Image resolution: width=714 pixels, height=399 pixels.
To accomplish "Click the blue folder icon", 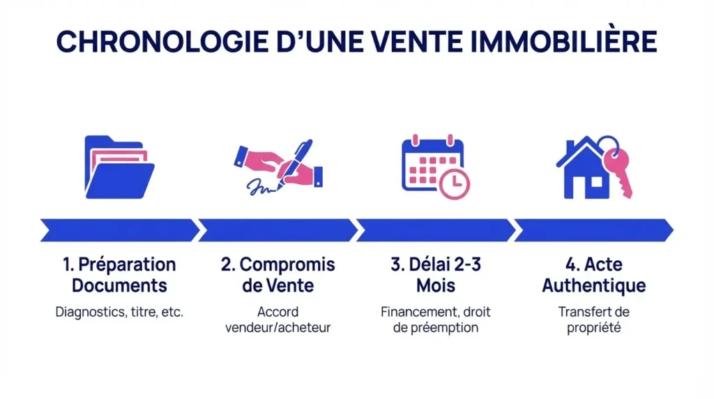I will pyautogui.click(x=119, y=167).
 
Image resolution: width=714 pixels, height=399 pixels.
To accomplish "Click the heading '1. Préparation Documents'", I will pyautogui.click(x=119, y=275).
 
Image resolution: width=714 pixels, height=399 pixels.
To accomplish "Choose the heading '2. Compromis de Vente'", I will pyautogui.click(x=278, y=275).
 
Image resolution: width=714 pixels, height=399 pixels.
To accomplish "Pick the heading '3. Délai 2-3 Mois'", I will pyautogui.click(x=436, y=275).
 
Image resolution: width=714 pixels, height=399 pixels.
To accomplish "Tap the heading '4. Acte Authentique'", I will pyautogui.click(x=593, y=275).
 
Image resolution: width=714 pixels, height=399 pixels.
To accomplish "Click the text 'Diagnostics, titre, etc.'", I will pyautogui.click(x=119, y=312).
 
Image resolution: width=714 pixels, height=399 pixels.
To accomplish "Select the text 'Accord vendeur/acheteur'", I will pyautogui.click(x=278, y=319).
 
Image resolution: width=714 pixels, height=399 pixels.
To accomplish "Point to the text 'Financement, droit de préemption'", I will pyautogui.click(x=436, y=319).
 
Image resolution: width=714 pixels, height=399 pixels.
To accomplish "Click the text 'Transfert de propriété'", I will pyautogui.click(x=593, y=319).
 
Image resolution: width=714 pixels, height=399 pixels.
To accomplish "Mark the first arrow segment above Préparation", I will pyautogui.click(x=119, y=229).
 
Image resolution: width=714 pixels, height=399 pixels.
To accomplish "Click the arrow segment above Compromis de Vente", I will pyautogui.click(x=278, y=229).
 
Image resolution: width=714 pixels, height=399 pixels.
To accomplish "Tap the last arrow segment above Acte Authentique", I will pyautogui.click(x=593, y=229).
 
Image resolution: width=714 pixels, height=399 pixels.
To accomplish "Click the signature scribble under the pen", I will pyautogui.click(x=262, y=188).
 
